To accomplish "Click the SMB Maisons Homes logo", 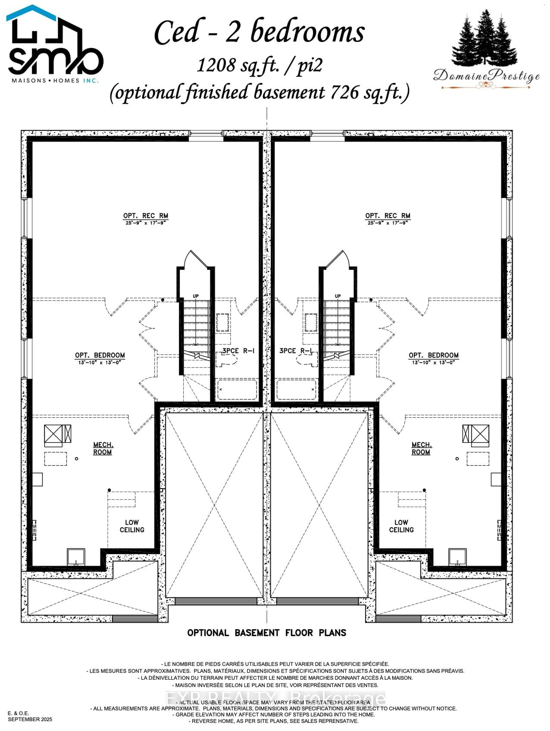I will (x=54, y=45).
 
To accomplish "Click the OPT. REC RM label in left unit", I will (x=146, y=216).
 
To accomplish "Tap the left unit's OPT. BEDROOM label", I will (x=100, y=355).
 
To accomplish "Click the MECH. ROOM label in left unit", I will (x=103, y=448).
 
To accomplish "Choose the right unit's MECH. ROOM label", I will (x=421, y=448).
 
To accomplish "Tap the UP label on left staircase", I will (x=196, y=296).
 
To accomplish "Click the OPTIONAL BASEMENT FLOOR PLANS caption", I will (x=267, y=633).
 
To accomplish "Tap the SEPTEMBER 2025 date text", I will (x=30, y=719).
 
